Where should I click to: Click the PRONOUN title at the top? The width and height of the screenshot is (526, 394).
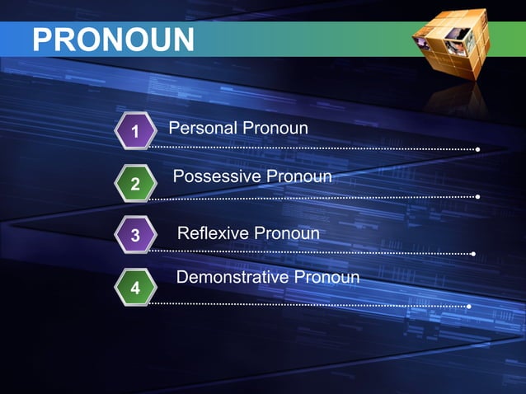coord(113,38)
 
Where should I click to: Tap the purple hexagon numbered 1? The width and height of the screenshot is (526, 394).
coord(134,131)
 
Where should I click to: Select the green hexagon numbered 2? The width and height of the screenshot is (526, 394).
coord(134,183)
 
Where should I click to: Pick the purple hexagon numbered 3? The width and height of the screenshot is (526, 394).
coord(134,237)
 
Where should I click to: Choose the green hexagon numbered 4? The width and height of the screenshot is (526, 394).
coord(134,288)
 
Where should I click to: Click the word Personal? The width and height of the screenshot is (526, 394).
coord(202,129)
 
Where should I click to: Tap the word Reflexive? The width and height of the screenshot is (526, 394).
coord(213,234)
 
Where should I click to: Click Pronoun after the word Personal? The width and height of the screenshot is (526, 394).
coord(275,129)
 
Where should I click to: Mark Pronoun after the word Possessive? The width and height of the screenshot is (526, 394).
coord(294,177)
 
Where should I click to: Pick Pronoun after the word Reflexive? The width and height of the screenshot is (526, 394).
coord(286,234)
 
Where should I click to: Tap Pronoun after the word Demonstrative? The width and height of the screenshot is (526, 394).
coord(326,277)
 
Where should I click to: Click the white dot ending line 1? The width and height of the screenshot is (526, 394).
coord(478,149)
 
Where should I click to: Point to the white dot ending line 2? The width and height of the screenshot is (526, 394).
coord(478,197)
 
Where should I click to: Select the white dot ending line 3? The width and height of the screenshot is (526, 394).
coord(473,254)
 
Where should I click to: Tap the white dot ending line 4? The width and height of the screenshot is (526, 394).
coord(469,307)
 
